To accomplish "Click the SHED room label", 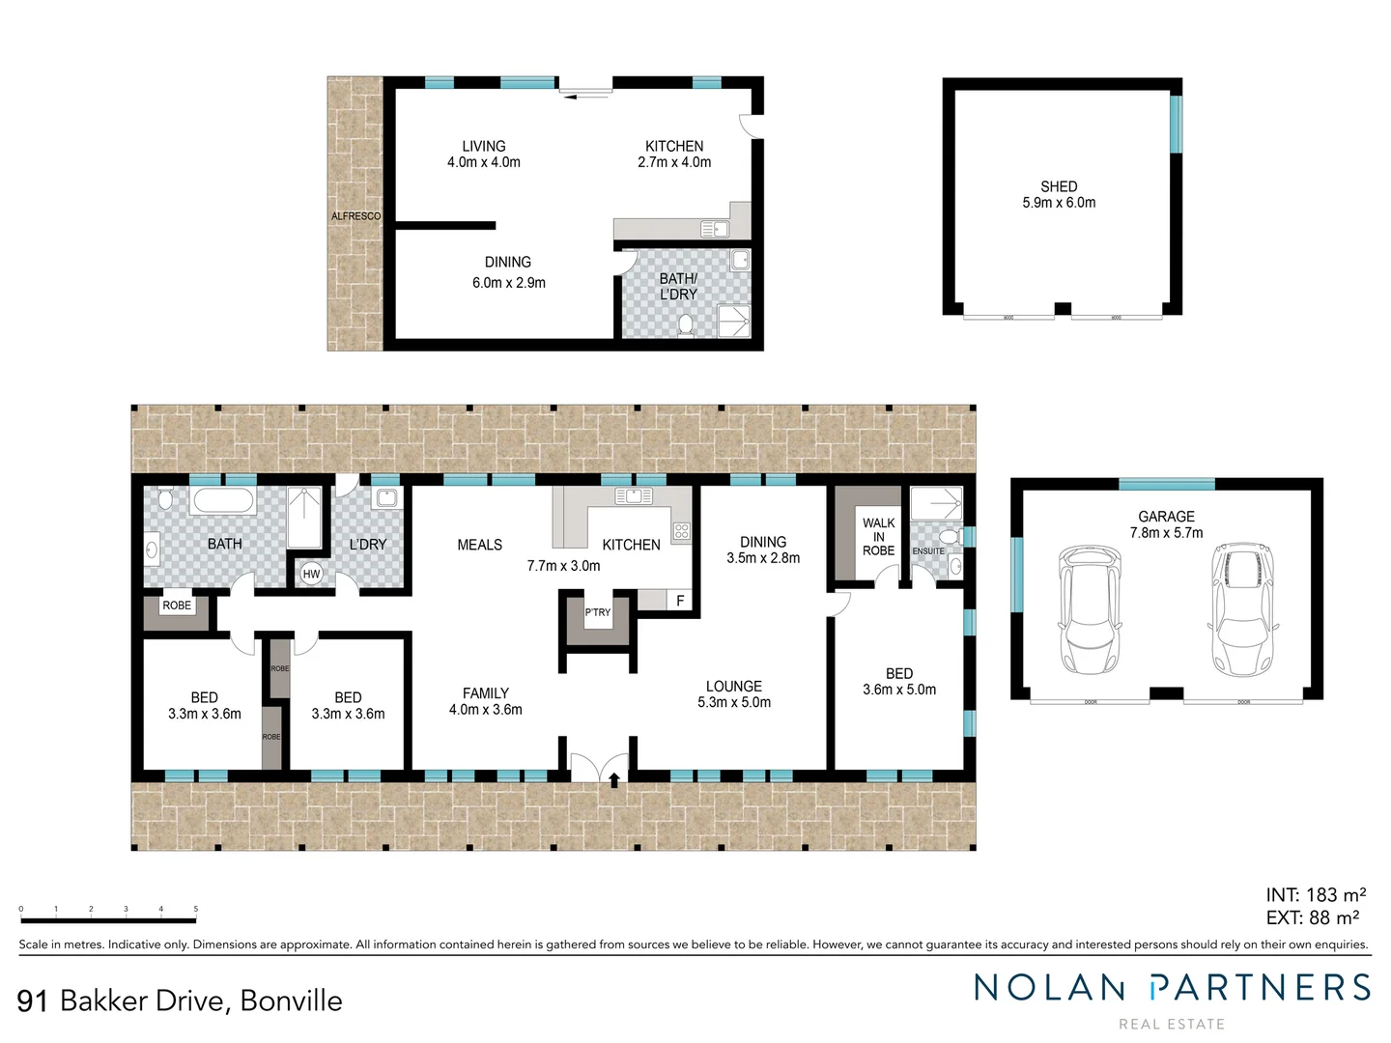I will (x=1059, y=186).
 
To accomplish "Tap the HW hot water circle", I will (x=311, y=574).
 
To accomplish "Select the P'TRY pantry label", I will (x=598, y=612).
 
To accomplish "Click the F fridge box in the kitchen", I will (x=680, y=601).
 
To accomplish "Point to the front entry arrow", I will (x=614, y=778).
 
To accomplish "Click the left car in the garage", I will (x=1090, y=608).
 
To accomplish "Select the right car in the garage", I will (x=1242, y=608).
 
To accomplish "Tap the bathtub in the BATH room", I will (x=223, y=501).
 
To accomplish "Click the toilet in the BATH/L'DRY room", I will (x=686, y=324).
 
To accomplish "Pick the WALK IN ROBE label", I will (x=878, y=537).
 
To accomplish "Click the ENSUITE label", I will (x=928, y=551).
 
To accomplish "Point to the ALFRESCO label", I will (x=355, y=216).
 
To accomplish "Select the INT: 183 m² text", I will (x=1316, y=895).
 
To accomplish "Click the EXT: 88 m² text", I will (x=1313, y=918).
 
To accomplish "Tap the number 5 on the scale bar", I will (x=196, y=909).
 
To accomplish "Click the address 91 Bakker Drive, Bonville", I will (x=180, y=1001).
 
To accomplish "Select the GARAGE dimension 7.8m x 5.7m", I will (x=1166, y=533).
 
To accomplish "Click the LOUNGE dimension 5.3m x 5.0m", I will (x=734, y=703).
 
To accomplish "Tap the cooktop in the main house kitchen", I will (x=681, y=530).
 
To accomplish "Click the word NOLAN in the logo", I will (x=1049, y=988).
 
